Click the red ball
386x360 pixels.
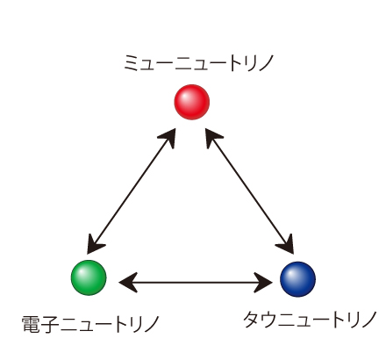(192, 102)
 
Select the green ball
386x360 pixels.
(89, 277)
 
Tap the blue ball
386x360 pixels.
(297, 279)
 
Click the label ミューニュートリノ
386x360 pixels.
(198, 63)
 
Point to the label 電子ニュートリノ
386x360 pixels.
(90, 324)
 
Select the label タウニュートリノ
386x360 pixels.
(310, 320)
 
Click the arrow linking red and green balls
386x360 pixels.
(132, 191)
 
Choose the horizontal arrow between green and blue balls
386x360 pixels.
(196, 283)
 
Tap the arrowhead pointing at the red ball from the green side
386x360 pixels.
(168, 138)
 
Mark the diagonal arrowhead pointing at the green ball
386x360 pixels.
(95, 244)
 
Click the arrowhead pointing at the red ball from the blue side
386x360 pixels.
(213, 138)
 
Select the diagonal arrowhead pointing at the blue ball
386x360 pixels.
(286, 243)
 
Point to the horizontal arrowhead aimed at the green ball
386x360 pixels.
(128, 283)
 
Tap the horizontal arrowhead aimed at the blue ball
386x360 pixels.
(263, 283)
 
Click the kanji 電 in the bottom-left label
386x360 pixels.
(31, 324)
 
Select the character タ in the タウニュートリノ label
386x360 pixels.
(252, 320)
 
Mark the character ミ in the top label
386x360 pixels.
(132, 63)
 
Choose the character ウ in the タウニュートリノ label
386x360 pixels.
(269, 320)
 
